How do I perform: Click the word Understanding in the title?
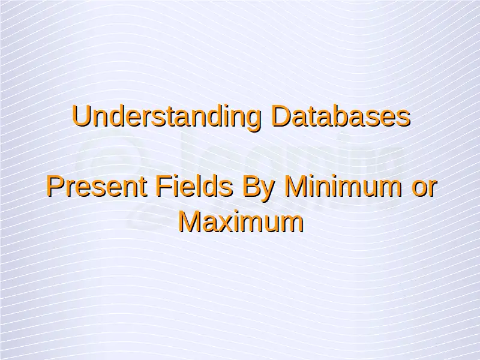click(167, 117)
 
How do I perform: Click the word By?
click(257, 188)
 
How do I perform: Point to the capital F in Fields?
click(164, 186)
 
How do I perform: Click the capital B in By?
click(251, 186)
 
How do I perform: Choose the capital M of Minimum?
click(295, 186)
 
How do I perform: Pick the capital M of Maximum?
click(190, 221)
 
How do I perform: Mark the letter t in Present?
click(143, 188)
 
